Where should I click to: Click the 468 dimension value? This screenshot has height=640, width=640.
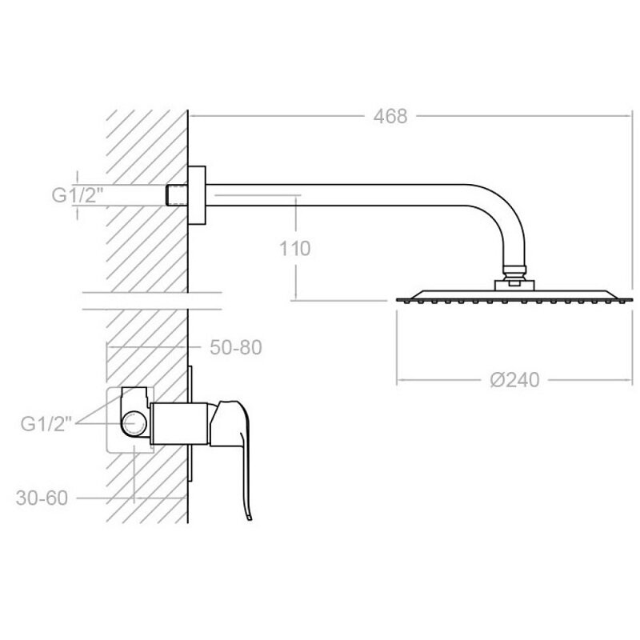pyautogui.click(x=390, y=116)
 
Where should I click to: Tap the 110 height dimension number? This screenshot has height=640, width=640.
pyautogui.click(x=294, y=249)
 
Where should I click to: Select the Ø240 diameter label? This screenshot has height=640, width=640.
pyautogui.click(x=514, y=380)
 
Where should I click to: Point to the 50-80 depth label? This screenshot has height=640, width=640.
pyautogui.click(x=235, y=347)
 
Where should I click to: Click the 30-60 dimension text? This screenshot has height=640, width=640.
pyautogui.click(x=42, y=498)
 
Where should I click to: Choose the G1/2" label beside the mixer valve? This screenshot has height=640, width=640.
pyautogui.click(x=46, y=424)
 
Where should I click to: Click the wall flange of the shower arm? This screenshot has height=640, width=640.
pyautogui.click(x=197, y=195)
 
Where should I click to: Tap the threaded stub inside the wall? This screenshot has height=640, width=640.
pyautogui.click(x=177, y=195)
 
